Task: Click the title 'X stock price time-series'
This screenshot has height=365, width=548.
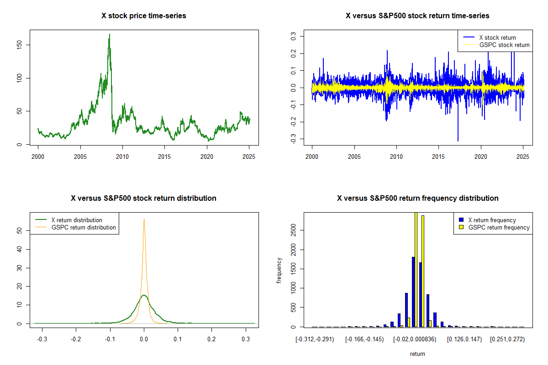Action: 144,16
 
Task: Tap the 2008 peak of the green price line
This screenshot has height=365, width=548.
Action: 109,35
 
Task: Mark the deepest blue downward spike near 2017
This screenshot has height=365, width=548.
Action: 458,141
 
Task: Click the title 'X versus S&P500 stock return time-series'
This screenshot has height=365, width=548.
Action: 417,16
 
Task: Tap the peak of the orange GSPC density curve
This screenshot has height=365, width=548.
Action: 144,219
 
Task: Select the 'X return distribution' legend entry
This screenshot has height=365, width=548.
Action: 76,220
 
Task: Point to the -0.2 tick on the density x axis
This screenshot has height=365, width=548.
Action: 76,340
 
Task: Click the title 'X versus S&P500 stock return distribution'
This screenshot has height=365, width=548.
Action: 143,198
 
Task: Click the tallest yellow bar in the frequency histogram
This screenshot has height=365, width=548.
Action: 416,269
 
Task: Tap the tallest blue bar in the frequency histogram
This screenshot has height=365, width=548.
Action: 413,292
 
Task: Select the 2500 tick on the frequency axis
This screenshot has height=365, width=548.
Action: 293,230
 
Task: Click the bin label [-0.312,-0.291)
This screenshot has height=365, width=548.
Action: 315,340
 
